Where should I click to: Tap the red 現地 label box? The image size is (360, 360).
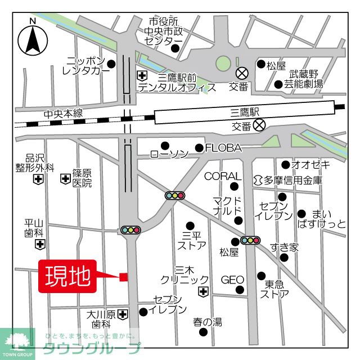67,276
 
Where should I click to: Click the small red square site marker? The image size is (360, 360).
124,276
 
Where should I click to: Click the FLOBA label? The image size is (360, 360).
223,148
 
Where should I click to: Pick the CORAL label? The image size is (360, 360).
222,177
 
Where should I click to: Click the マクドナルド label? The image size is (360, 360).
227,206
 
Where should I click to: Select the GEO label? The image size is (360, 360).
232,280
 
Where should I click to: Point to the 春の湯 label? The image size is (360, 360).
208,322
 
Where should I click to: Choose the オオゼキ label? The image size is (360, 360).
311,165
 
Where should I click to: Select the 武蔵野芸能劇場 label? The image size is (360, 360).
307,79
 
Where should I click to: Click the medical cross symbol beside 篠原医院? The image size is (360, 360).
65,179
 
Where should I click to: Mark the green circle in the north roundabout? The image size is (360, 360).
223,63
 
